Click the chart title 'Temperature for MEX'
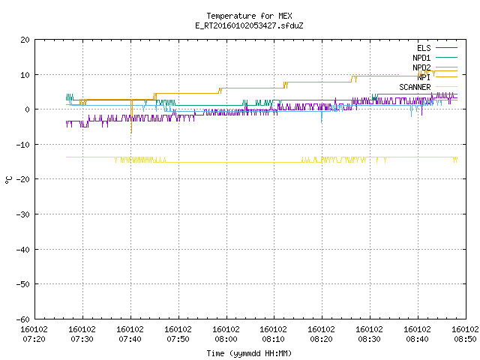(x=249, y=16)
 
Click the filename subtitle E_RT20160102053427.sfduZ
(x=249, y=25)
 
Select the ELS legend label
(x=424, y=48)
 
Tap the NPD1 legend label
(x=421, y=58)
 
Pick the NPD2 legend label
(x=421, y=67)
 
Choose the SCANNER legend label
(x=415, y=87)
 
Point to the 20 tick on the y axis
(x=25, y=40)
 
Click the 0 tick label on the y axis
(x=27, y=109)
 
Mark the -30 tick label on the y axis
(x=23, y=214)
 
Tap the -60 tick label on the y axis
(x=23, y=319)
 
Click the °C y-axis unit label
(x=9, y=180)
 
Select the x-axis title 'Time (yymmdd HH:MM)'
(x=249, y=353)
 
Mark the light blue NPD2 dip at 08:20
(x=322, y=117)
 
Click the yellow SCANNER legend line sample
(x=447, y=87)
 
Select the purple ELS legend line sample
(x=447, y=48)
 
